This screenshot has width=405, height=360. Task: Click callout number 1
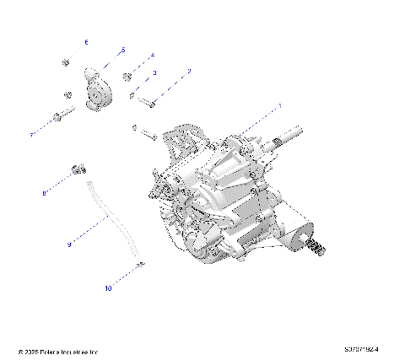pyautogui.click(x=280, y=107)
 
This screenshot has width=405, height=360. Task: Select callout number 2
pyautogui.click(x=189, y=72)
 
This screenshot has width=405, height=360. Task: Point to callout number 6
pyautogui.click(x=85, y=41)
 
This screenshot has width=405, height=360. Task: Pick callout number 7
pyautogui.click(x=32, y=134)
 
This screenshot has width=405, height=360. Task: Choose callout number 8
pyautogui.click(x=45, y=194)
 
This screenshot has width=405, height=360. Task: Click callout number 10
pyautogui.click(x=108, y=288)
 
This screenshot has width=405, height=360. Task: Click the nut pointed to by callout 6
pyautogui.click(x=66, y=62)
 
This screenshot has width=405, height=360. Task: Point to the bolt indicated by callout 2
pyautogui.click(x=148, y=103)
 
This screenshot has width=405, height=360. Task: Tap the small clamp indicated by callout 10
pyautogui.click(x=140, y=266)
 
